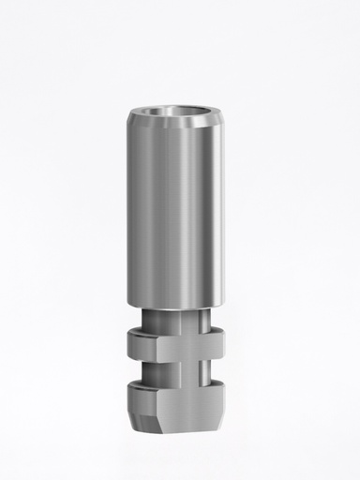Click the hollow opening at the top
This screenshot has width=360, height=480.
[178, 119]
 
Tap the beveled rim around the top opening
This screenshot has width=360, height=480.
[178, 131]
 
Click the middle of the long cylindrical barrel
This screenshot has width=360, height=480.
[178, 216]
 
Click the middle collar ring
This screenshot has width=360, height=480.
[178, 347]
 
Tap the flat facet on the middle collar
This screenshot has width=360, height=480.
[187, 348]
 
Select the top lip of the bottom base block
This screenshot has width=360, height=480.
[178, 382]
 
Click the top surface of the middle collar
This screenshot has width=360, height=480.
[178, 334]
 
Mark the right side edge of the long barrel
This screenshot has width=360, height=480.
[225, 216]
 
